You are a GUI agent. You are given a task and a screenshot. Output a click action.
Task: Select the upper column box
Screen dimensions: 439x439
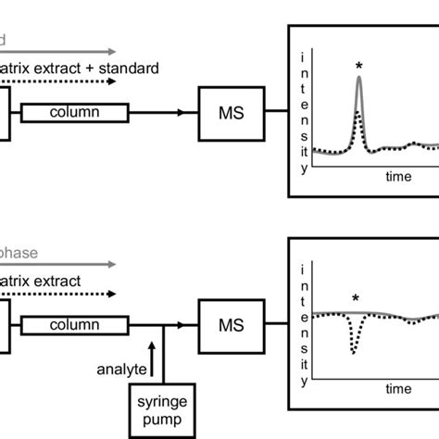point(73,112)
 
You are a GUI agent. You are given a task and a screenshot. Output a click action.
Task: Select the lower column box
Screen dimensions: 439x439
point(73,324)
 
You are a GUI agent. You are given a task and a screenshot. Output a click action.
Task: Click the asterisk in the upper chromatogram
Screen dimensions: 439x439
point(359,65)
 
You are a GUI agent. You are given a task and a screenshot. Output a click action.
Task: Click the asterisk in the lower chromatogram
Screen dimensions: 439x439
point(355,298)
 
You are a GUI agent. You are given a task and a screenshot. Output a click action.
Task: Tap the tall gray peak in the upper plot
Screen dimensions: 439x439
point(359,83)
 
